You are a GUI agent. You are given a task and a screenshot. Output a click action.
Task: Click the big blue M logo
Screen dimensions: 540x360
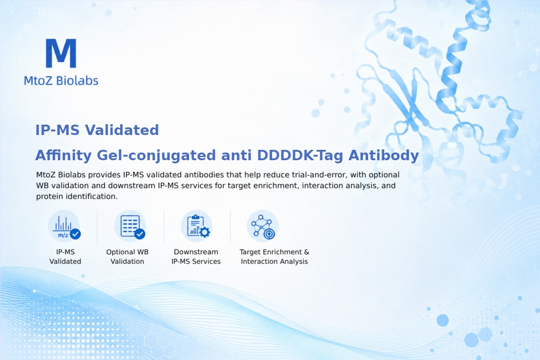click(x=61, y=53)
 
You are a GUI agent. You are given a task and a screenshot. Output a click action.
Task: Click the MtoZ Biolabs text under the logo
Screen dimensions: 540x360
click(x=61, y=81)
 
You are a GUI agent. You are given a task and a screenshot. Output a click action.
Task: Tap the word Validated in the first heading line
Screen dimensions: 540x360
click(x=122, y=130)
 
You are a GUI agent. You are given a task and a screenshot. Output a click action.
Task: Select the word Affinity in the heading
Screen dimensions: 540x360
click(x=63, y=155)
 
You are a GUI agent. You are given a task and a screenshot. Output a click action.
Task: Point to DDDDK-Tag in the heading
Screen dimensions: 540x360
click(x=300, y=156)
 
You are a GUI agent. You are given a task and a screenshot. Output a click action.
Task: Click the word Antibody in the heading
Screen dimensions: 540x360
click(x=383, y=156)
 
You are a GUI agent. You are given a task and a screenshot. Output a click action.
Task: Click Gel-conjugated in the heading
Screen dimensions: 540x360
click(x=156, y=156)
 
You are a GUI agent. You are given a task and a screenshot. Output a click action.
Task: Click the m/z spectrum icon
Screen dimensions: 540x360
click(x=64, y=226)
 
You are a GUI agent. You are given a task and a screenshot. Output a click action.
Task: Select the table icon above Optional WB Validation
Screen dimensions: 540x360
click(x=130, y=226)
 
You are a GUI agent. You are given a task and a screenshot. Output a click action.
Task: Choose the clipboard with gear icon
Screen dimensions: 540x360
click(x=197, y=226)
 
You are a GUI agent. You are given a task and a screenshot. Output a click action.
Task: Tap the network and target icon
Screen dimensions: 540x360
click(x=262, y=226)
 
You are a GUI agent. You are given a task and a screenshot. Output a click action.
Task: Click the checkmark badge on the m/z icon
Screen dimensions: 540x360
click(x=75, y=234)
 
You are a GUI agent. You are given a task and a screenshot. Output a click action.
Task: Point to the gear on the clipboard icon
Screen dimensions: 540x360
click(x=205, y=232)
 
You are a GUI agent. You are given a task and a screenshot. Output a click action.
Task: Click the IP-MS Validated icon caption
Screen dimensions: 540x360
click(x=65, y=256)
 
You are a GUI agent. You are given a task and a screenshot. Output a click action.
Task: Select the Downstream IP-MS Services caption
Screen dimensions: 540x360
click(x=196, y=256)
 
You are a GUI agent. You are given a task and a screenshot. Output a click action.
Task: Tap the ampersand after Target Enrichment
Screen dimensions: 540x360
click(x=306, y=252)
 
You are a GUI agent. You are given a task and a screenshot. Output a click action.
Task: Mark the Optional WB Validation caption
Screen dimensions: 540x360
click(x=127, y=256)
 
